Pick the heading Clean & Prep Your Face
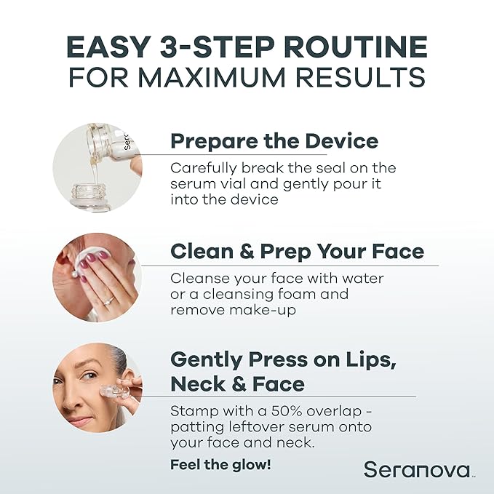coord(297,252)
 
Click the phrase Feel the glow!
coord(220,464)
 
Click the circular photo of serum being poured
coord(97,167)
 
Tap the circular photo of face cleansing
coord(97,277)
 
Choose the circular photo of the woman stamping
coord(97,388)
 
